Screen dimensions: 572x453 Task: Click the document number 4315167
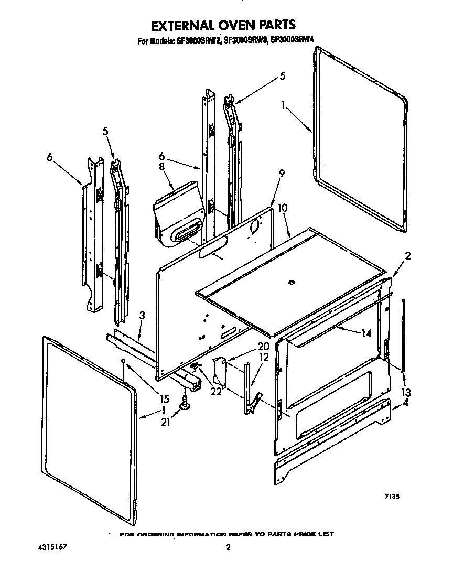[x=53, y=548]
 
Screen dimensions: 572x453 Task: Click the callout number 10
[x=283, y=208]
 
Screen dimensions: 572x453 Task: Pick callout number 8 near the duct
[x=161, y=167]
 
